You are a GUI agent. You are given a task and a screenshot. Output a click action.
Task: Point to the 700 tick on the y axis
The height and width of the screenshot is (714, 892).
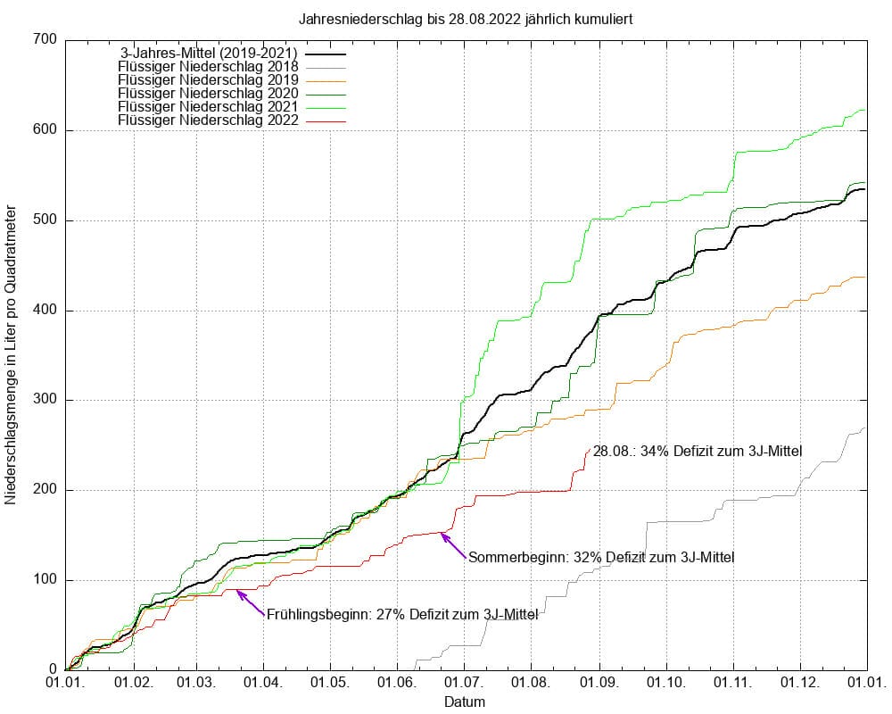click(46, 40)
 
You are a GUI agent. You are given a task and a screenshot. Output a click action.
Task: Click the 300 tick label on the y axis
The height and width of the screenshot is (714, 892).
click(46, 401)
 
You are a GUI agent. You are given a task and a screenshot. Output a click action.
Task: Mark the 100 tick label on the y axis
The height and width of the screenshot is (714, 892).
click(46, 581)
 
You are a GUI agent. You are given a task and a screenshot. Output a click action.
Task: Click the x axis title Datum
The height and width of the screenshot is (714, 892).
click(465, 702)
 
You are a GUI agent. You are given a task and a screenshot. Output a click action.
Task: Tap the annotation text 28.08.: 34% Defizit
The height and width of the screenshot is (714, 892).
click(698, 452)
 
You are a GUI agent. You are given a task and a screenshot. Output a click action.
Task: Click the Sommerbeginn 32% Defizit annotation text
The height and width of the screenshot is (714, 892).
click(601, 559)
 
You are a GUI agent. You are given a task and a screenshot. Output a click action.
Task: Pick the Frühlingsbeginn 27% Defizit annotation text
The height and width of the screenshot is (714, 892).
click(401, 614)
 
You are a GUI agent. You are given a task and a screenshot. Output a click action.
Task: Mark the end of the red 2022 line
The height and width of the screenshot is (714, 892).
click(590, 449)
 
